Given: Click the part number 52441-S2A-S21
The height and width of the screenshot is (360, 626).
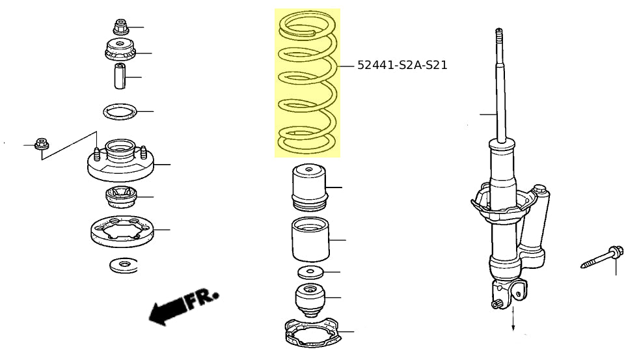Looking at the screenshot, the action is [x=402, y=64].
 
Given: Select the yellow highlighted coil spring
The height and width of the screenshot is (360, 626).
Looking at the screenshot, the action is [x=307, y=83].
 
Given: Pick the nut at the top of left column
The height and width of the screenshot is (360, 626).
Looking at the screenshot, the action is [x=120, y=27].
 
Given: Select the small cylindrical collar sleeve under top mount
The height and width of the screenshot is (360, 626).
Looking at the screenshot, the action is [x=120, y=76].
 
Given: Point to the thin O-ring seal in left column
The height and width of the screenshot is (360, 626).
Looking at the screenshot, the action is [x=120, y=112].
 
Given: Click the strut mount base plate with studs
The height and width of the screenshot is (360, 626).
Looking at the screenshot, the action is [x=120, y=161].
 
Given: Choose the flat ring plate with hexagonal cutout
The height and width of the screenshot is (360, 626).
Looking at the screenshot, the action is [x=122, y=231].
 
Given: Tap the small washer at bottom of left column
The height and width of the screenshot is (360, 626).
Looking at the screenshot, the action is [x=124, y=266].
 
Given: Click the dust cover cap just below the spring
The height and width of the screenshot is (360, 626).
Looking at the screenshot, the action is [x=310, y=187].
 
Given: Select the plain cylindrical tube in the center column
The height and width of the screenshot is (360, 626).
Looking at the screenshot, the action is [x=310, y=240].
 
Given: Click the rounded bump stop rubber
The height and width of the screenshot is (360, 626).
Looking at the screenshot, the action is [x=310, y=300].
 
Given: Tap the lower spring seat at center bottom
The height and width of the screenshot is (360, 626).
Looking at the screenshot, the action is [x=314, y=332].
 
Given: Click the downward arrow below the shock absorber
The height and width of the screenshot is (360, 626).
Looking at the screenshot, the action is [x=513, y=318].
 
